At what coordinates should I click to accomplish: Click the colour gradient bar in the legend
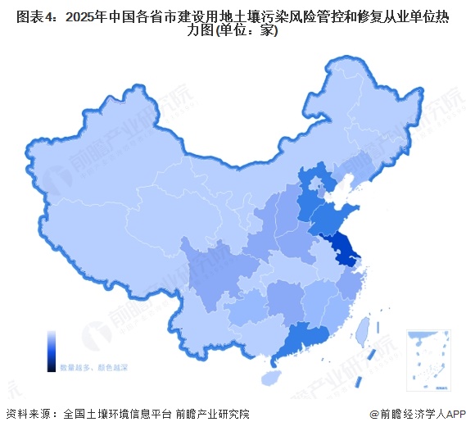coord(52,348)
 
